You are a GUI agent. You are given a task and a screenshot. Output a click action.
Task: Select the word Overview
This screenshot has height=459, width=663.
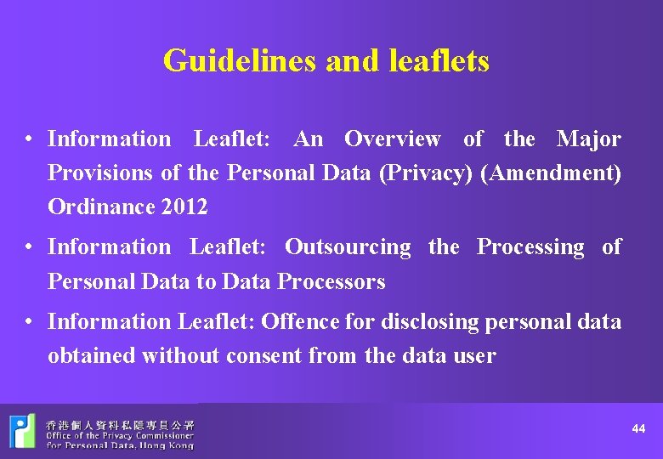pos(392,139)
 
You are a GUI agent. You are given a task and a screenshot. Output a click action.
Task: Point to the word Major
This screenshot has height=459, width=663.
pos(588,139)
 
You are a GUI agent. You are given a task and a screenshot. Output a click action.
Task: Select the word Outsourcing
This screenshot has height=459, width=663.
pos(348,246)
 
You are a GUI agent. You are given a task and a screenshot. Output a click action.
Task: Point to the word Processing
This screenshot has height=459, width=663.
pos(530,246)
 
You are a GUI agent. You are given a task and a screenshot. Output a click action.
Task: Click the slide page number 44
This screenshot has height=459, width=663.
pos(638,429)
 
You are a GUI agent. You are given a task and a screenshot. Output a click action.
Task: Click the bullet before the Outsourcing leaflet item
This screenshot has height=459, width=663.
pos(29,247)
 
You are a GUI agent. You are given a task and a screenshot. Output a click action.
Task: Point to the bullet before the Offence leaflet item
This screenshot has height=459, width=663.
pos(29,322)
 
